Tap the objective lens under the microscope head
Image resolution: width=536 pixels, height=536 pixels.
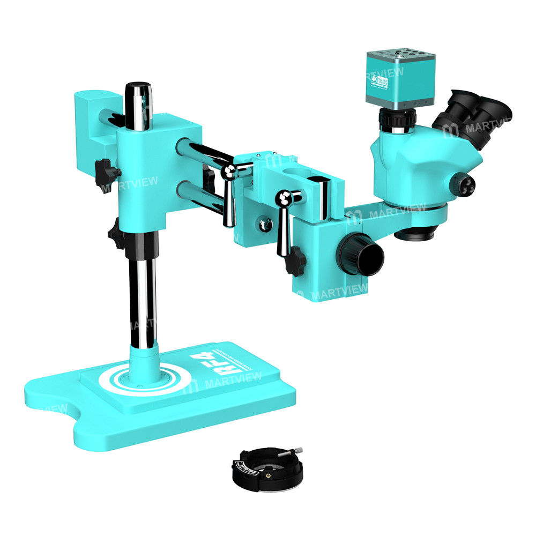[416, 234]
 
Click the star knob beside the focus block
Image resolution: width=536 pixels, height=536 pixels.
[295, 263]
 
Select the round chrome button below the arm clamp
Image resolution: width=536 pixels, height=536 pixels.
[263, 224]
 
